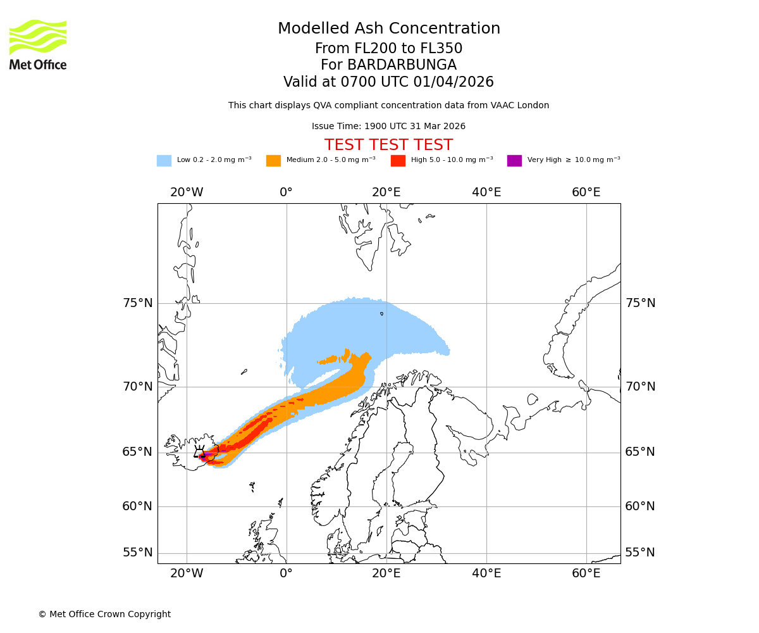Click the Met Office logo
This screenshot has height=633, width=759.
[x=38, y=44]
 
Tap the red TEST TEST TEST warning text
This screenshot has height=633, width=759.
[x=388, y=145]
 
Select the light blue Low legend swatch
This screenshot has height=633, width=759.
[x=164, y=161]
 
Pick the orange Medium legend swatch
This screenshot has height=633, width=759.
[x=273, y=161]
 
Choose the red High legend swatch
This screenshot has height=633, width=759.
[x=398, y=161]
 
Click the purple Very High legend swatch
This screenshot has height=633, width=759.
[x=514, y=161]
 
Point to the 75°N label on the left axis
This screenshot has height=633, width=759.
[x=138, y=303]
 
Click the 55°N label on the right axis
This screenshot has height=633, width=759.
[x=640, y=553]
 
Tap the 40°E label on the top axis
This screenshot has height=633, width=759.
[x=486, y=192]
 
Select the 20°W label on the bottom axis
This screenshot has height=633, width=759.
[x=187, y=573]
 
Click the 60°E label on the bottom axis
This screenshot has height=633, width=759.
[x=586, y=573]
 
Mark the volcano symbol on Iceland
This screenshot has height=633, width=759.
[x=200, y=452]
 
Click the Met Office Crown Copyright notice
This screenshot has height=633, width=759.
[x=104, y=614]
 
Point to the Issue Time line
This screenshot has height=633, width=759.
[x=388, y=127]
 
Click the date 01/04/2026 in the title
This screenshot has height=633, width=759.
[x=454, y=82]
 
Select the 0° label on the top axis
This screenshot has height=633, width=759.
[x=287, y=192]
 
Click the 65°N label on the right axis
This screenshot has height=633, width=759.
[x=640, y=452]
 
